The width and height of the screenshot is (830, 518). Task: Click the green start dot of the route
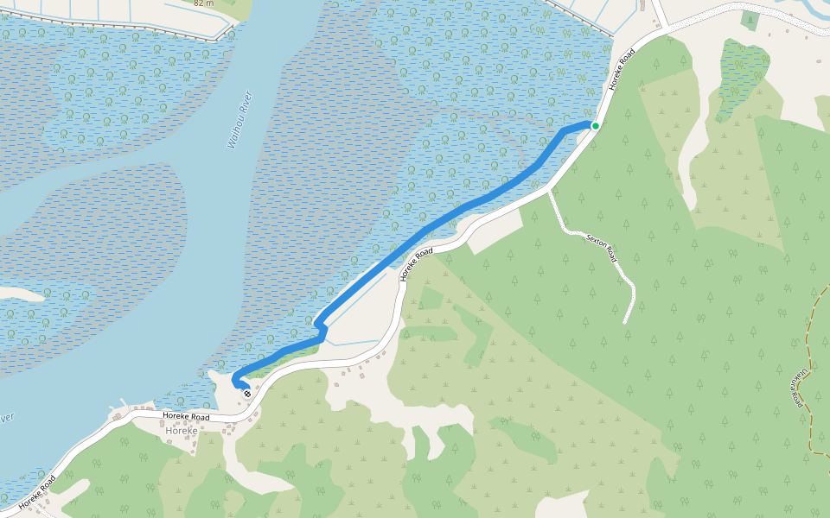click(595, 125)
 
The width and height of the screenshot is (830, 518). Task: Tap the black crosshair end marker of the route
click(247, 394)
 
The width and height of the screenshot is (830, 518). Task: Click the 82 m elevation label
click(203, 3)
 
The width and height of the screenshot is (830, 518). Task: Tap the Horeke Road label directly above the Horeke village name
click(186, 417)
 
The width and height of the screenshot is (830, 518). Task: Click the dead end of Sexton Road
click(624, 323)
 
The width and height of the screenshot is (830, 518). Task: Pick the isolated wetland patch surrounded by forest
click(742, 73)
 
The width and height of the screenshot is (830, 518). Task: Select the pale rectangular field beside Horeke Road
click(495, 230)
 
